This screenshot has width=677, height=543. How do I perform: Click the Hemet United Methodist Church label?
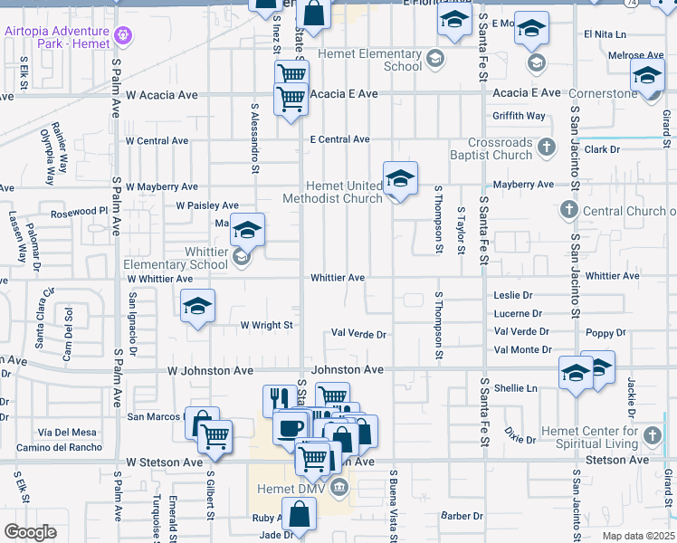[x=332, y=192]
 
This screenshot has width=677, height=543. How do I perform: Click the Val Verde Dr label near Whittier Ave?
[x=358, y=335]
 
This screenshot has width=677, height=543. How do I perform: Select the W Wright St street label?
[x=266, y=325]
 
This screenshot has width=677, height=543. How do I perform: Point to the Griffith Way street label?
[x=519, y=116]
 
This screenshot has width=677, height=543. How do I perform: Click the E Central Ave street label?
[x=339, y=139]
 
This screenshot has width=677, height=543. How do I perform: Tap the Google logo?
[x=31, y=531]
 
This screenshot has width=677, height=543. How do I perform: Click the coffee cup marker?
[x=291, y=426]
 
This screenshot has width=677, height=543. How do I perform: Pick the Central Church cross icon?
[x=568, y=211]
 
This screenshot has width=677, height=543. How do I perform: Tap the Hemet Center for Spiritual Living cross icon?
[x=651, y=437]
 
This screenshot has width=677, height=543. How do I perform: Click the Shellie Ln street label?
[x=516, y=387]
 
